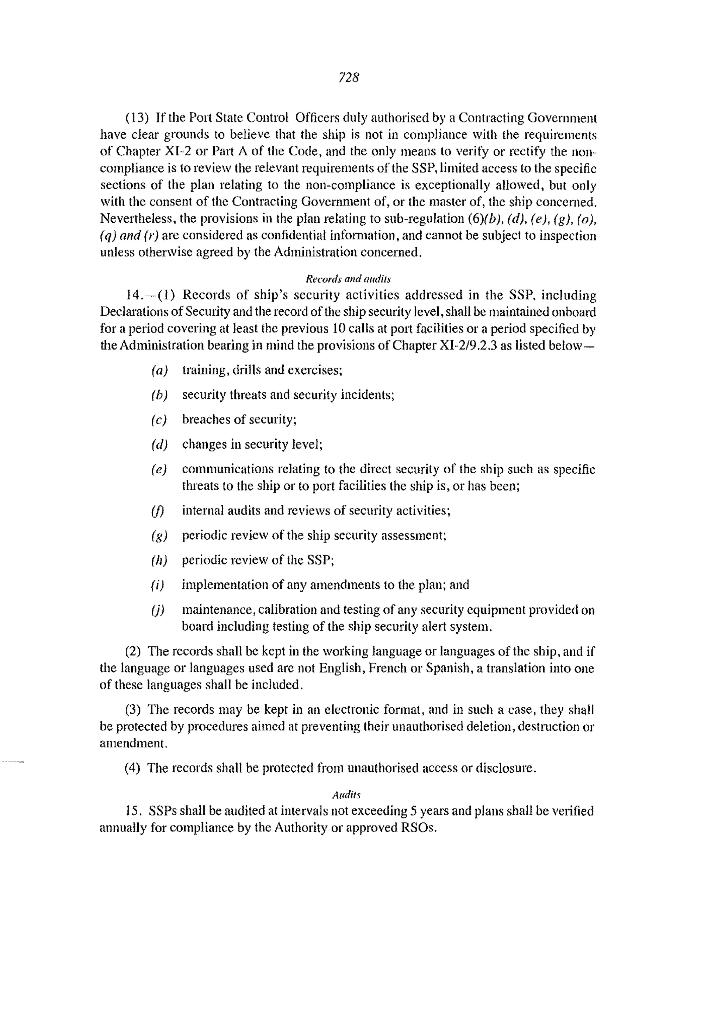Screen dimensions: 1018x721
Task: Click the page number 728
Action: (x=349, y=78)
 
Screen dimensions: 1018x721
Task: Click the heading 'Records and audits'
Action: (x=348, y=279)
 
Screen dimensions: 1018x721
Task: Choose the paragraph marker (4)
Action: (x=132, y=768)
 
